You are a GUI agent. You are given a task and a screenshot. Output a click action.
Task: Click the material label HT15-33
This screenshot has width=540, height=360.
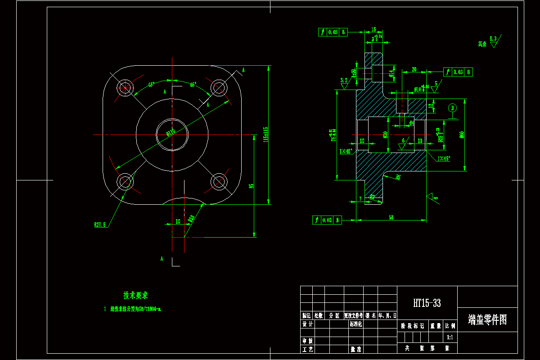tap(427, 303)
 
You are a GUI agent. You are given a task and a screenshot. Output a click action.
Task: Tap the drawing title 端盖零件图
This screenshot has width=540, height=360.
tap(487, 320)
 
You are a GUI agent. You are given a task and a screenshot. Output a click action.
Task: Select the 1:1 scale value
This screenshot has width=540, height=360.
tap(450, 337)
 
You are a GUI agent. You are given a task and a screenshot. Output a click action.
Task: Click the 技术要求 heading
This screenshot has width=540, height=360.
tap(135, 295)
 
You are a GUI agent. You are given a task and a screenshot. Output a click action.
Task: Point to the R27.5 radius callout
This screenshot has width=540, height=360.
tap(100, 225)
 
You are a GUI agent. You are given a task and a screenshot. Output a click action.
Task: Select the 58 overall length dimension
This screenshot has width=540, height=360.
tap(391, 217)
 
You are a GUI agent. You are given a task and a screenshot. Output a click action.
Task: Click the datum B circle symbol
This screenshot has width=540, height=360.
tap(452, 108)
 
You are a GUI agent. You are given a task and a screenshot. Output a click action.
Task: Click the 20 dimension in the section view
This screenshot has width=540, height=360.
tap(414, 69)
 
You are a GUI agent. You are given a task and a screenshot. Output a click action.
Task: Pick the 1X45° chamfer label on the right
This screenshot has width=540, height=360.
tap(443, 158)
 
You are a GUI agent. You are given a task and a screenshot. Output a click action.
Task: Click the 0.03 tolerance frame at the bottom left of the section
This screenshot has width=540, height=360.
tap(327, 220)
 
